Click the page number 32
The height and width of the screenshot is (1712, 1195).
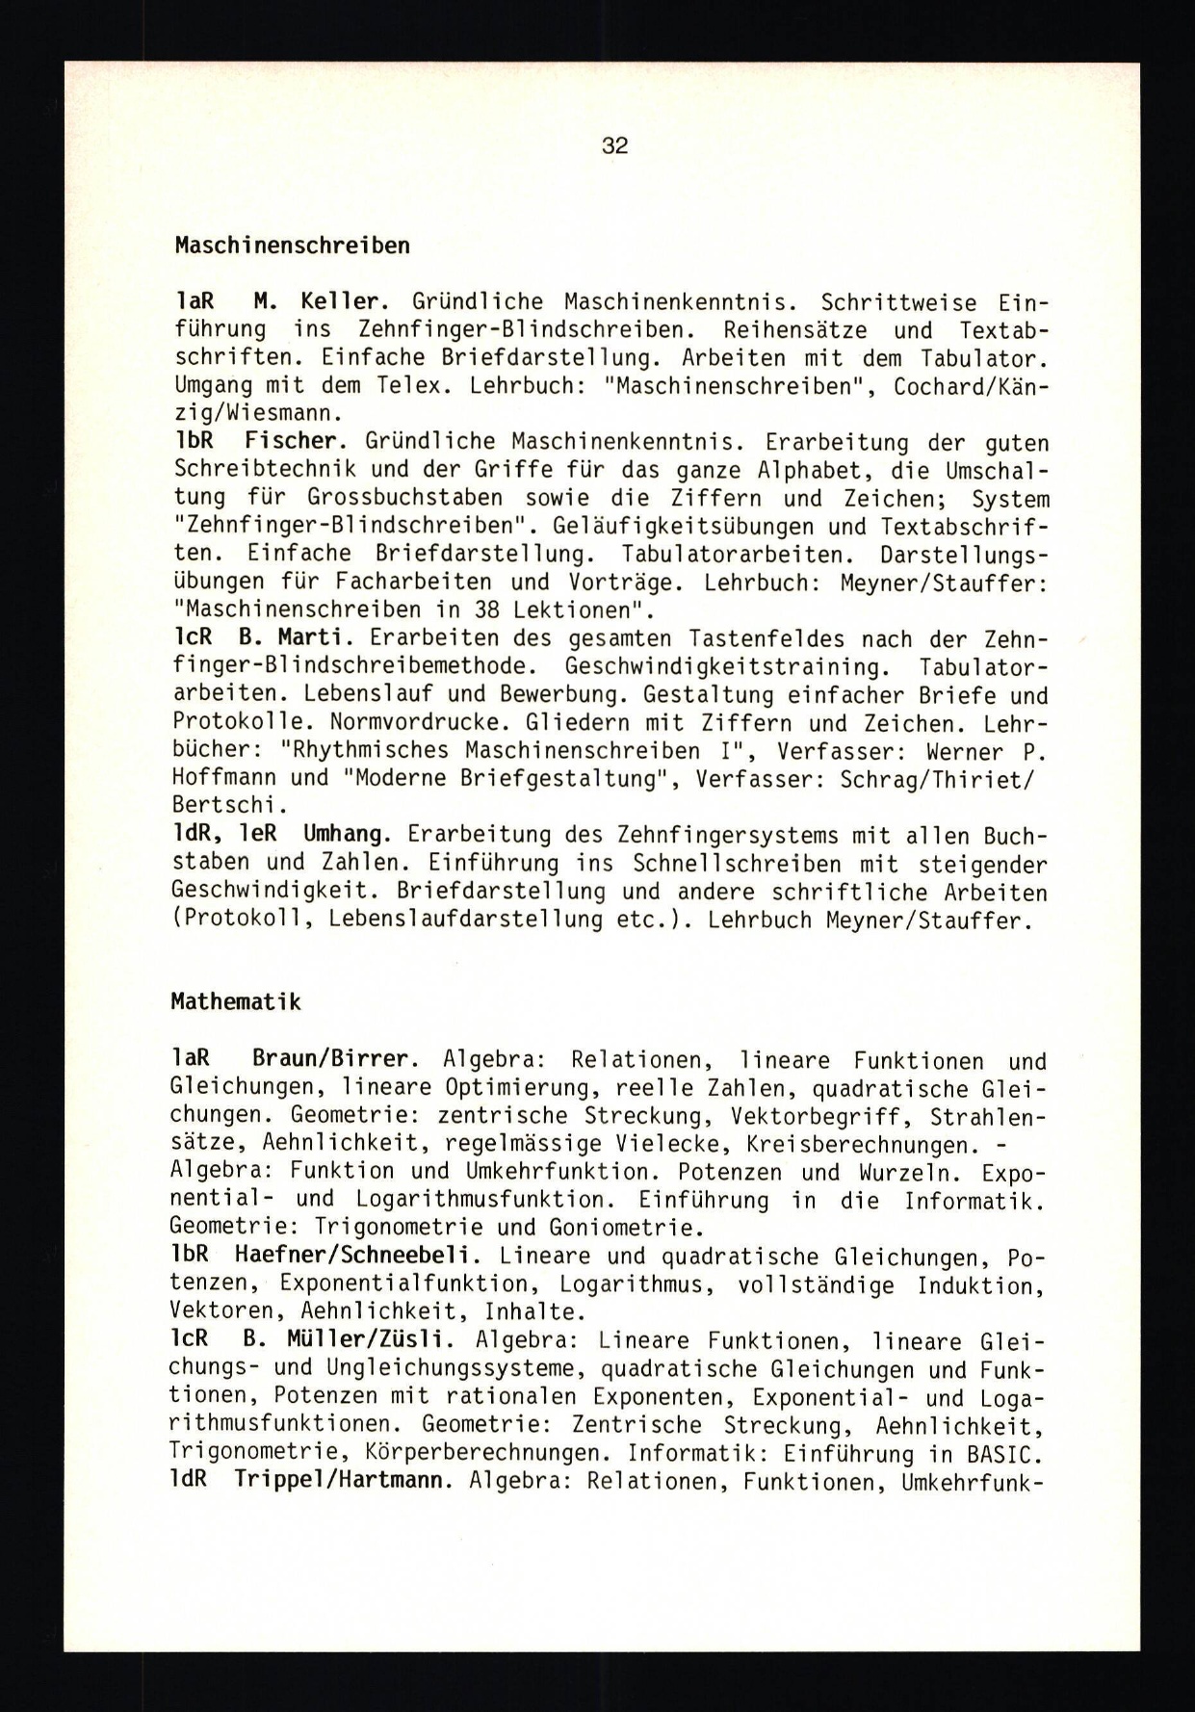[614, 146]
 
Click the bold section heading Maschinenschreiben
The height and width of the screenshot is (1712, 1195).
[292, 246]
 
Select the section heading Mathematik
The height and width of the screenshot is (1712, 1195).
[236, 1002]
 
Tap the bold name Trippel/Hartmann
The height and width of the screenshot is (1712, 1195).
[343, 1480]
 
